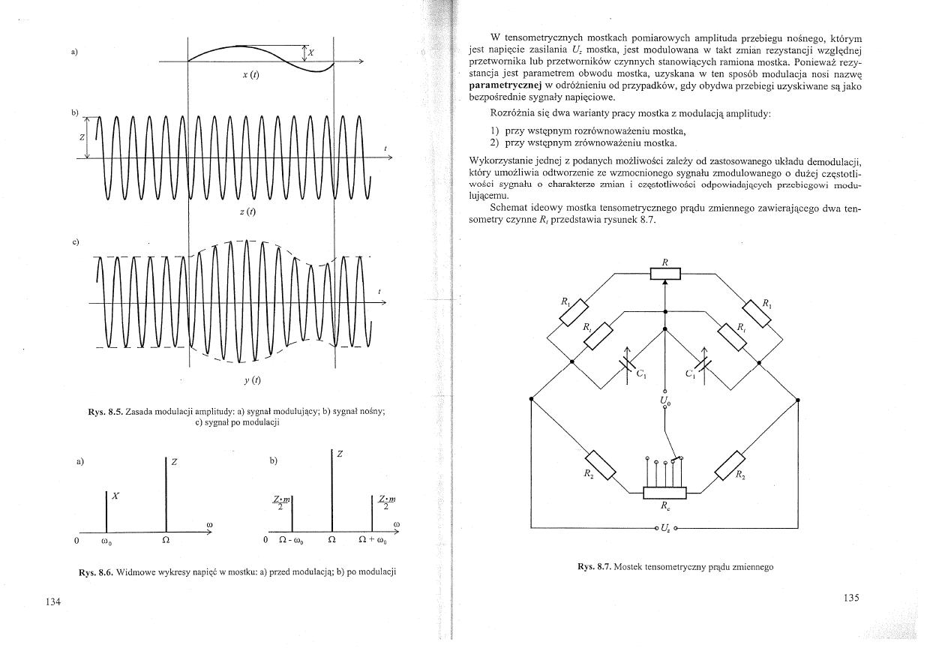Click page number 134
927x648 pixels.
[x=50, y=601]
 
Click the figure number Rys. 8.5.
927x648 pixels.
[x=104, y=412]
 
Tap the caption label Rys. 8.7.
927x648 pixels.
[x=594, y=567]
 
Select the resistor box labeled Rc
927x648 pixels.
[x=664, y=493]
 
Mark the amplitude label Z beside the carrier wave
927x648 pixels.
[x=81, y=138]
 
